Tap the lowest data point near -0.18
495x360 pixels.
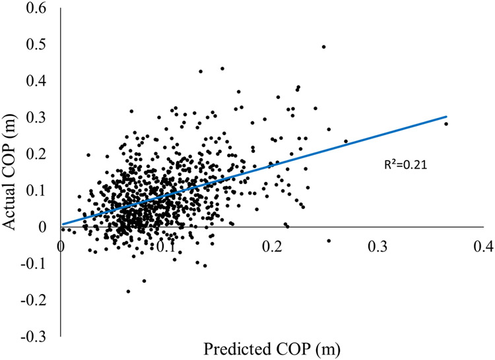point(128,291)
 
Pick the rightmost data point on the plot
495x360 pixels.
point(446,124)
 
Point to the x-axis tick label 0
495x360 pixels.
point(61,245)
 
